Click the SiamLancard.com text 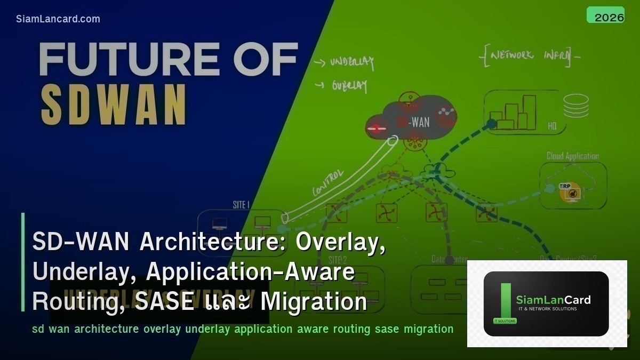click(x=58, y=19)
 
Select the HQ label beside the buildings click(x=553, y=126)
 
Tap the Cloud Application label click(x=572, y=156)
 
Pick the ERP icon click(x=565, y=191)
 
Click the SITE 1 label click(x=239, y=205)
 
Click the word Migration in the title click(x=314, y=302)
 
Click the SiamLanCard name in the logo click(x=553, y=300)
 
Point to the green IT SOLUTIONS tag click(x=501, y=321)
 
